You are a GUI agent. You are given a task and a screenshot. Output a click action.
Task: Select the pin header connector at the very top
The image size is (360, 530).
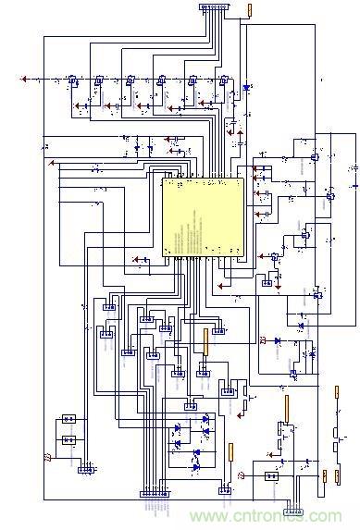click(212, 9)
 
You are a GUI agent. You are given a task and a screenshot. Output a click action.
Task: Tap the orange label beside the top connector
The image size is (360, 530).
click(248, 9)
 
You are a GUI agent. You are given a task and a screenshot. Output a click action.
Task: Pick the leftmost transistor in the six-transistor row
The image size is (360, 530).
click(68, 81)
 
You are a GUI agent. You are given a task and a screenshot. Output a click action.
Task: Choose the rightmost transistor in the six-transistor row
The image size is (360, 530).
click(223, 81)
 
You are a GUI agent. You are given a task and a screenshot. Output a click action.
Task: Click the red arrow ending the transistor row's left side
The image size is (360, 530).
click(23, 80)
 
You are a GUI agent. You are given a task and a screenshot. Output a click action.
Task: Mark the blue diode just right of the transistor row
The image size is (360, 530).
click(246, 88)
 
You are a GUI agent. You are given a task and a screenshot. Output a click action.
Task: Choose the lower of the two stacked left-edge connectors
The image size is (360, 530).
click(68, 440)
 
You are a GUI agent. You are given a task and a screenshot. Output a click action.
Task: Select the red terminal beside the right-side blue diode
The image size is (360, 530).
click(264, 341)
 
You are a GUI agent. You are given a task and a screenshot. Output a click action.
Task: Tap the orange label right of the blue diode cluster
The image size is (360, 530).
click(230, 454)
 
